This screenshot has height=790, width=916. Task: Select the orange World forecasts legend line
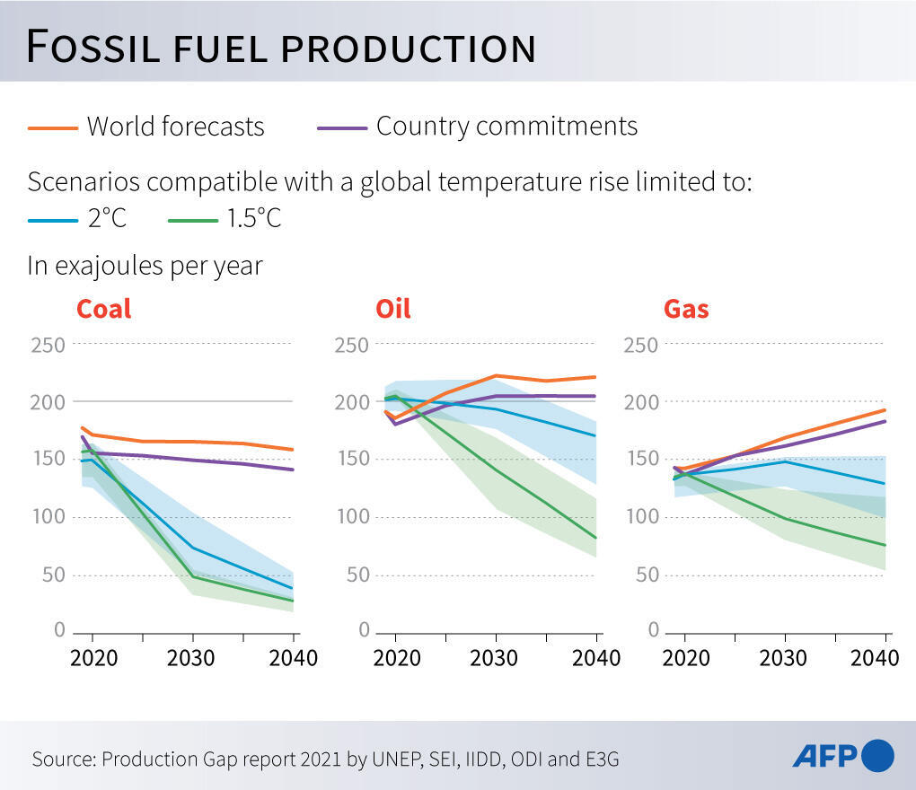[53, 127]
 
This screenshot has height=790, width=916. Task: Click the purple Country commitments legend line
[342, 127]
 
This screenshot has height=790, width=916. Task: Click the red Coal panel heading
[103, 309]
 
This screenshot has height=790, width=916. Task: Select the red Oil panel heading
[392, 309]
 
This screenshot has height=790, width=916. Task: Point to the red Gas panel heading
[686, 309]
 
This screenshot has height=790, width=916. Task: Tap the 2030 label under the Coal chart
[190, 658]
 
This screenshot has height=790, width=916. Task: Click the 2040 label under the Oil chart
[595, 658]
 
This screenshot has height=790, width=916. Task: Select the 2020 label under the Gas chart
[685, 658]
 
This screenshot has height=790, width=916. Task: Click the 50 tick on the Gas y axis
[647, 575]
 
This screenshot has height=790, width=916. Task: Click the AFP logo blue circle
[877, 755]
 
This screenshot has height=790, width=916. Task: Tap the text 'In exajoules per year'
[145, 266]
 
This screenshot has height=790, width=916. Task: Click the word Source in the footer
[63, 759]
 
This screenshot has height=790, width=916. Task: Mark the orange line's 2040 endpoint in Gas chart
[885, 410]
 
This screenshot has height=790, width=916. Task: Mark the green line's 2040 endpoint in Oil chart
[596, 538]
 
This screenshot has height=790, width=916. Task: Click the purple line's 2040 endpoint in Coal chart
[293, 470]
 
